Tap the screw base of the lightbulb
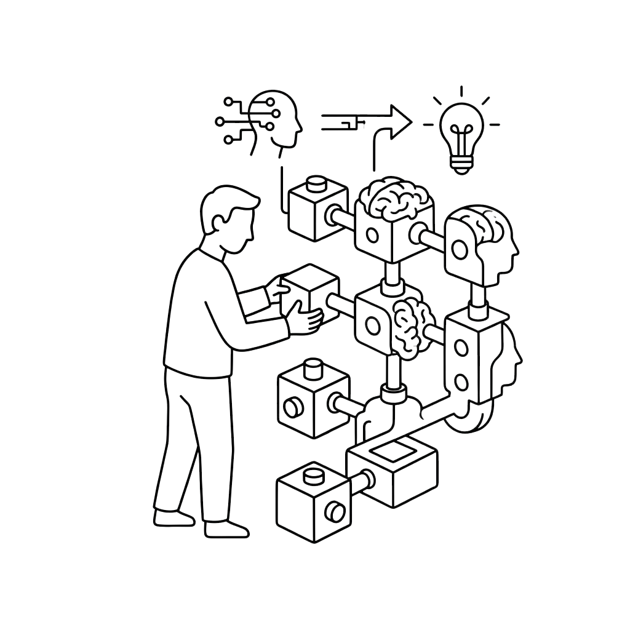tap(461, 163)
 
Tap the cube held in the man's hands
tap(308, 295)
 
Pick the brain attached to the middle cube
tap(411, 326)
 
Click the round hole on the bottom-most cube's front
tap(335, 510)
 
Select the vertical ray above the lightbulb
tap(461, 92)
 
